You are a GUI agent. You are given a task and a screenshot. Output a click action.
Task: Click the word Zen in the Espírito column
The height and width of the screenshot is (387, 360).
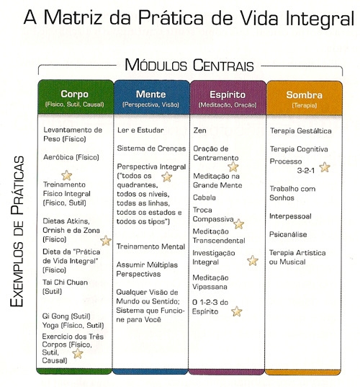click(199, 130)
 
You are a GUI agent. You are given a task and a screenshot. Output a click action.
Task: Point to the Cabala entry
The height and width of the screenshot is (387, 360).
click(204, 197)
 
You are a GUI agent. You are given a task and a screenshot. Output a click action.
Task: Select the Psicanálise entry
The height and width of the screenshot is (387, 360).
click(288, 234)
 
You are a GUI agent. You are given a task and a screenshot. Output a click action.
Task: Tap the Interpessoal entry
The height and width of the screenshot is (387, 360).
click(290, 216)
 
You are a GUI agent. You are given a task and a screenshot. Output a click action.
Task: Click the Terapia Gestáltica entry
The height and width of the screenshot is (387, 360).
click(300, 131)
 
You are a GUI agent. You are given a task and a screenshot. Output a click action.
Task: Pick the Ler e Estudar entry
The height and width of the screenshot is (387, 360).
click(140, 130)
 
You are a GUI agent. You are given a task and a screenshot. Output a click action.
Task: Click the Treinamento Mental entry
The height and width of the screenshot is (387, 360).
click(150, 246)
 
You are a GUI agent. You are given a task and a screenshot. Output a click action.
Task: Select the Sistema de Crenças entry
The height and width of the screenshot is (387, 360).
click(151, 148)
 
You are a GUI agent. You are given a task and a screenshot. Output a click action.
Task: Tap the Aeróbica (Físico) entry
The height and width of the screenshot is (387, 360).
click(71, 157)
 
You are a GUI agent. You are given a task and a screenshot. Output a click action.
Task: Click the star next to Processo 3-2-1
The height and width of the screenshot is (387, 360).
click(325, 167)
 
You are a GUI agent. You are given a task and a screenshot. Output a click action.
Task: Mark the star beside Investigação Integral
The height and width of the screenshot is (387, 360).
click(253, 261)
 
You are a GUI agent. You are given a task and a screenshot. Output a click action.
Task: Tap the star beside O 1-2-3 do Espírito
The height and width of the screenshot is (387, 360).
click(237, 311)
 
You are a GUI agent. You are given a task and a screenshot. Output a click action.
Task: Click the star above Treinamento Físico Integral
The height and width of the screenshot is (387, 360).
click(66, 175)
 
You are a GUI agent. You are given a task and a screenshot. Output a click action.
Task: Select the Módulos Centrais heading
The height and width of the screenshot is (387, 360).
click(189, 66)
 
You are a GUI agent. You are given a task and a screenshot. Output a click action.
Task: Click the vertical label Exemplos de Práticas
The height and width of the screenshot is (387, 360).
click(17, 231)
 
